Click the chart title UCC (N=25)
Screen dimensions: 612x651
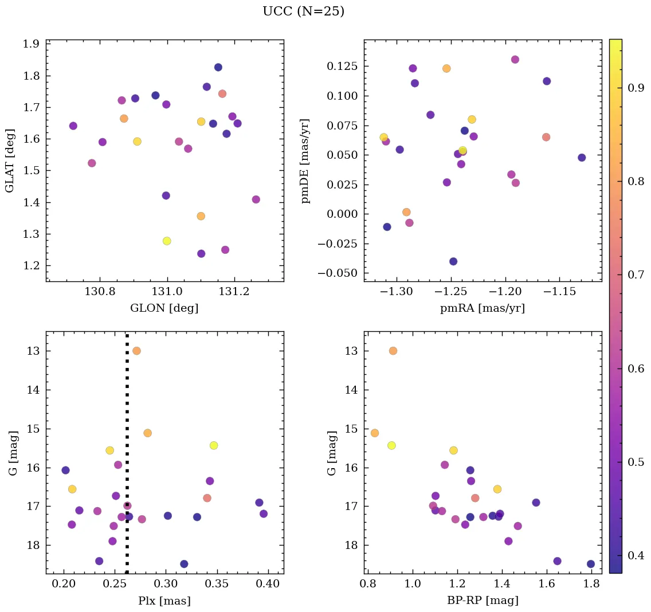click(303, 11)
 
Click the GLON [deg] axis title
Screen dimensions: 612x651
click(164, 308)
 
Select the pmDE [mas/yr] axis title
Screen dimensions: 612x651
click(305, 161)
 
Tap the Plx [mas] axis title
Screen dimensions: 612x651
click(164, 601)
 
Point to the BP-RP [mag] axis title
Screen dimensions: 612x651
click(483, 601)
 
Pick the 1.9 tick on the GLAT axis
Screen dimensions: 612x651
click(32, 44)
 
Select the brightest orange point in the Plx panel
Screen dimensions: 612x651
click(136, 351)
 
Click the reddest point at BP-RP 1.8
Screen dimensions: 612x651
click(591, 564)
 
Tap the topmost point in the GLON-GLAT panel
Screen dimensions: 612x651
click(218, 67)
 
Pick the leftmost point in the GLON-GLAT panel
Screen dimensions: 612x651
click(73, 126)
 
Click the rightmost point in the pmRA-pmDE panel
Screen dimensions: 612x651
click(582, 158)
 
